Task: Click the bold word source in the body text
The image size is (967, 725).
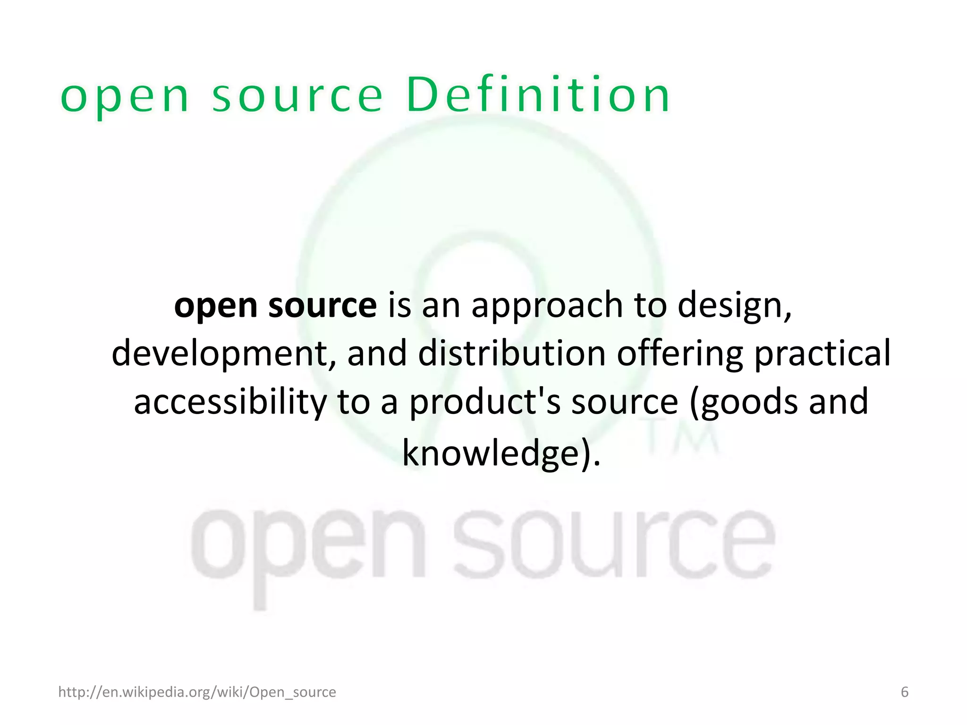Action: (x=322, y=306)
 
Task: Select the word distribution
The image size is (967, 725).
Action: (x=512, y=354)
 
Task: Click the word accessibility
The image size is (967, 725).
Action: (x=230, y=402)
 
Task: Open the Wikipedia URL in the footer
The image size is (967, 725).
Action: (x=197, y=692)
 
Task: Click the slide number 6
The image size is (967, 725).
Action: (x=905, y=692)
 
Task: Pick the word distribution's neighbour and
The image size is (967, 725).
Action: (x=377, y=354)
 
